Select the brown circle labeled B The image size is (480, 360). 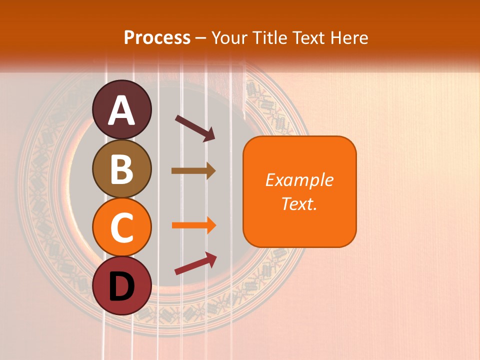click(x=122, y=168)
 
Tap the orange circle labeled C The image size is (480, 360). click(x=122, y=227)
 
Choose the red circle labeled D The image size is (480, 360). click(x=122, y=285)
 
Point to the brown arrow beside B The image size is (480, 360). click(x=193, y=171)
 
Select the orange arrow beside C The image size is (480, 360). click(x=193, y=225)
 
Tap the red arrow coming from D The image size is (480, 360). click(x=195, y=263)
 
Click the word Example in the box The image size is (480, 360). click(x=299, y=180)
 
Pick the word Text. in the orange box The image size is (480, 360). click(x=299, y=204)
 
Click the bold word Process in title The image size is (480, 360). click(x=157, y=37)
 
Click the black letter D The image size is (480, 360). click(x=122, y=287)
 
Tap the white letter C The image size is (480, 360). click(x=122, y=227)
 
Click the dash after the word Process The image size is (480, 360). click(x=200, y=38)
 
